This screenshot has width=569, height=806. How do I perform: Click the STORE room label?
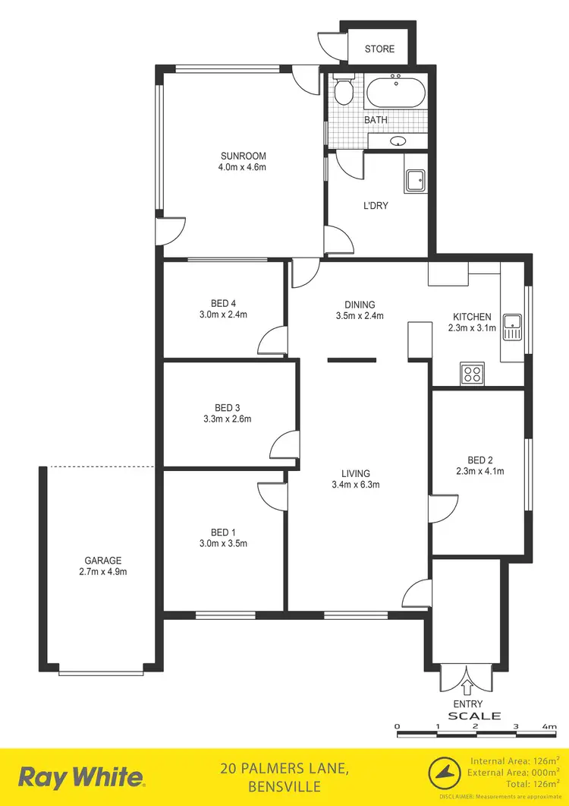tap(379, 49)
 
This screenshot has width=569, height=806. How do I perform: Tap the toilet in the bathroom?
tap(344, 93)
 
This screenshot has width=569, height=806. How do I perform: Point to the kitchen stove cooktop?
tap(472, 373)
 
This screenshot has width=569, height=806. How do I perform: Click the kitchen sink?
tap(514, 326)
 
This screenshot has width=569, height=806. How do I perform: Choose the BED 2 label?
tap(480, 460)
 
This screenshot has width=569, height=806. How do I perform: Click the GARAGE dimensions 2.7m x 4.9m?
tap(102, 572)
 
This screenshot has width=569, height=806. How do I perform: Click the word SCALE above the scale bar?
tap(475, 716)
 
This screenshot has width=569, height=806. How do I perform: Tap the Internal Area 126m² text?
tap(515, 760)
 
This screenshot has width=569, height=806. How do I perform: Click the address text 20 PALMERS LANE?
tap(284, 769)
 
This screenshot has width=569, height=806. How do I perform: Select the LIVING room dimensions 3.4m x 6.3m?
tap(355, 485)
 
